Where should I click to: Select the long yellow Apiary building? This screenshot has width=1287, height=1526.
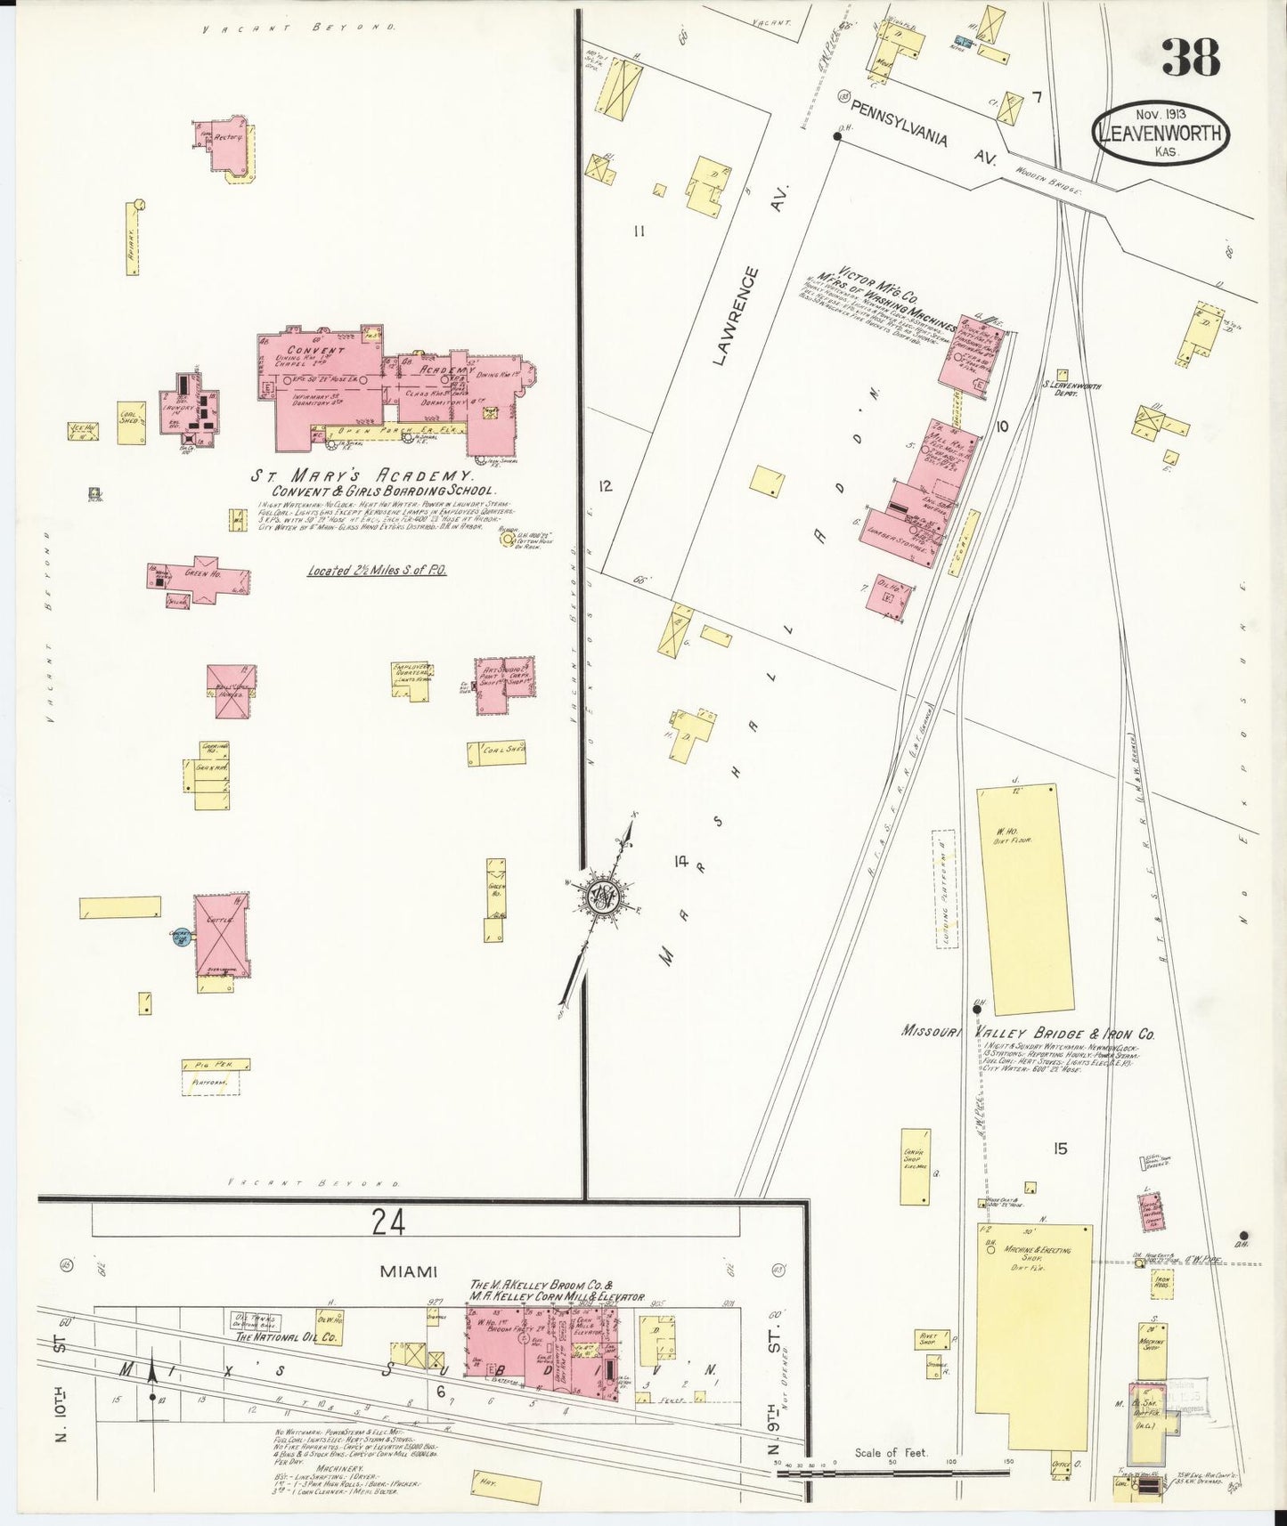point(132,238)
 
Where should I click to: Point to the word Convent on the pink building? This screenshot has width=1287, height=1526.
point(315,351)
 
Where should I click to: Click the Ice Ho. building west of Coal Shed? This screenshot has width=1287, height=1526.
point(82,431)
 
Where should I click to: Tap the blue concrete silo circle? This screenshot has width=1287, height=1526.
point(181,936)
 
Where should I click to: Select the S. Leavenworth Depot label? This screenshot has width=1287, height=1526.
point(1071,388)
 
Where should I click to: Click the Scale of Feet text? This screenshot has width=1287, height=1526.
point(891,1452)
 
